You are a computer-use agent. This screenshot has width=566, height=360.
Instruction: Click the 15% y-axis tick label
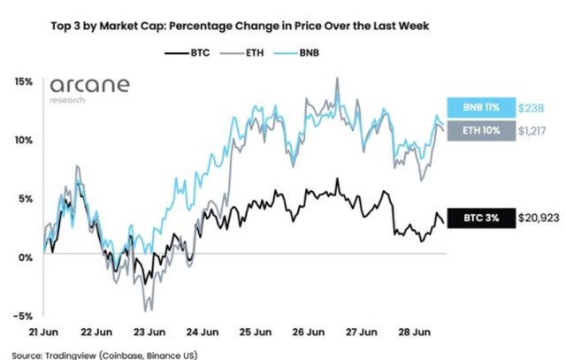[23, 81]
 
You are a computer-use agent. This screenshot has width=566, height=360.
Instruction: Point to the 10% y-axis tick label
[23, 140]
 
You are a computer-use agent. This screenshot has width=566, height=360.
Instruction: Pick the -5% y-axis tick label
[23, 316]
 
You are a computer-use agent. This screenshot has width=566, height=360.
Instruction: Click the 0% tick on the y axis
[26, 257]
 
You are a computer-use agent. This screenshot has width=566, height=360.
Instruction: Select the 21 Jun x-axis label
[43, 333]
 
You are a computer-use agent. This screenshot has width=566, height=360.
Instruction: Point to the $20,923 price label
[536, 218]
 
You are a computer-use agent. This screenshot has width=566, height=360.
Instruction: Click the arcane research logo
[88, 88]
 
